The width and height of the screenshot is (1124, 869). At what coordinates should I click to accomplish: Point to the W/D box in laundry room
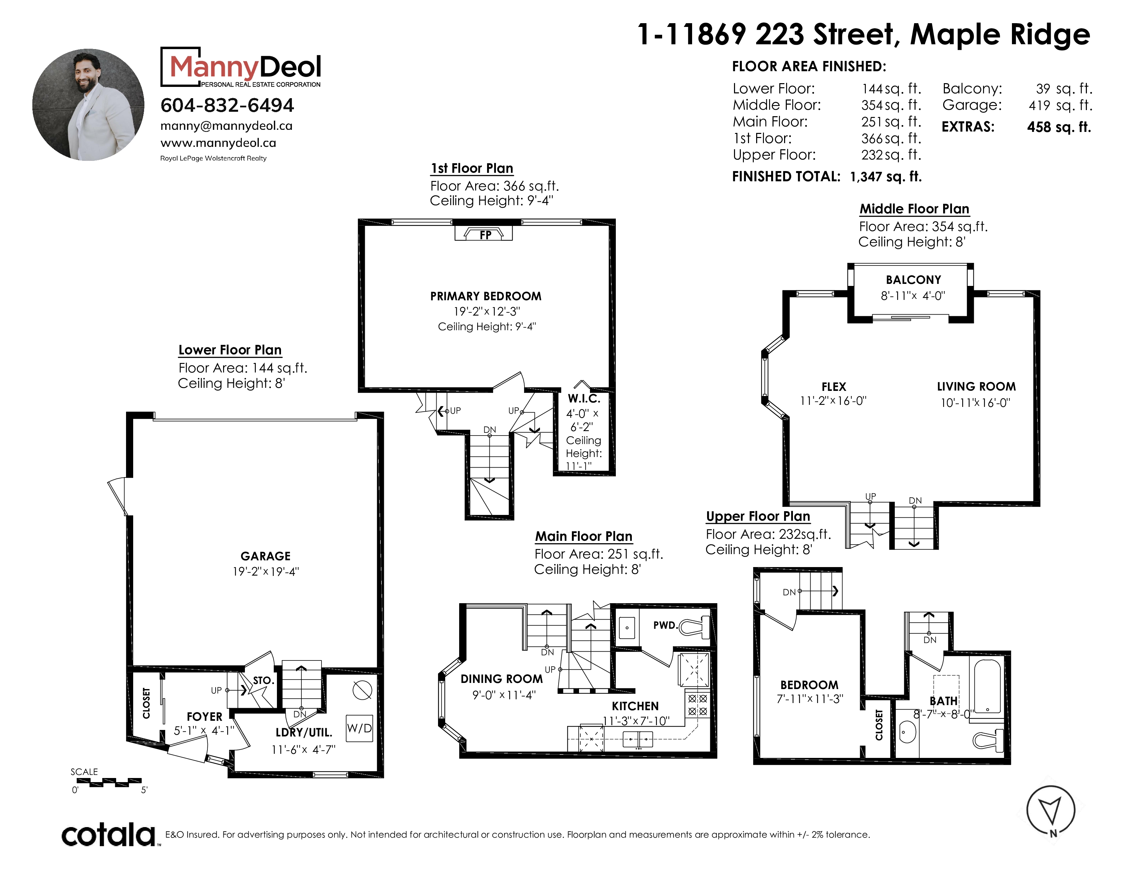click(x=359, y=728)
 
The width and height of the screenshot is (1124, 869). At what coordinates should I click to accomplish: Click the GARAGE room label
click(x=266, y=556)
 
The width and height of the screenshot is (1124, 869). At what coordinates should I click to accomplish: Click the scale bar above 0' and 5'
click(x=109, y=782)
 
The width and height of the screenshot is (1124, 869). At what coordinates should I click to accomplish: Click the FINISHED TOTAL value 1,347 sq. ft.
click(x=886, y=177)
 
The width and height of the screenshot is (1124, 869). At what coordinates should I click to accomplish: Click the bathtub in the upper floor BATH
click(x=987, y=687)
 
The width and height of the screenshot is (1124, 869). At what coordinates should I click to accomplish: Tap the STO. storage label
click(x=263, y=680)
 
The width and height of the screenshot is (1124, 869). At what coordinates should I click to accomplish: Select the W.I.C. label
click(x=583, y=398)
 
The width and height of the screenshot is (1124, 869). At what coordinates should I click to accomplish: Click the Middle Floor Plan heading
click(x=915, y=209)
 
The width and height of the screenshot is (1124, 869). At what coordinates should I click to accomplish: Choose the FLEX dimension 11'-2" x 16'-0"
click(x=833, y=400)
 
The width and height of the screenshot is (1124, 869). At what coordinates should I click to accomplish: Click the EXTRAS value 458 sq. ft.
click(x=1059, y=127)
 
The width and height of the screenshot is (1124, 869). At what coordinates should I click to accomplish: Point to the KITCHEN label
click(x=635, y=706)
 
